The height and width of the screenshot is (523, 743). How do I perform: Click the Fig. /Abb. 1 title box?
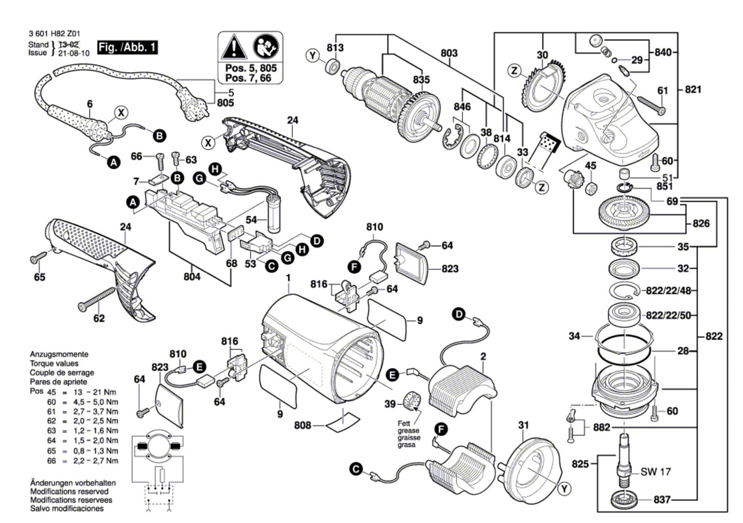coord(127,47)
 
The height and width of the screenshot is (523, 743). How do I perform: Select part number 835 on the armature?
coord(421,80)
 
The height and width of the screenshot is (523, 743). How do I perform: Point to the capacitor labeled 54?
coord(274,215)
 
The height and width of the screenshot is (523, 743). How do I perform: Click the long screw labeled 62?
coord(98,298)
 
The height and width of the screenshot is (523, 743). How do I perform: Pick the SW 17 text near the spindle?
coord(656,472)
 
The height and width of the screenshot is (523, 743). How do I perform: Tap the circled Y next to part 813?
coord(313,56)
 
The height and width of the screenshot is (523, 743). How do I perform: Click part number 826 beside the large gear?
coord(701,223)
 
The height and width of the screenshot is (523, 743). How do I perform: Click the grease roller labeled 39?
coord(411,400)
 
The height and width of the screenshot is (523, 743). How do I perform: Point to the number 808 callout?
coord(303,425)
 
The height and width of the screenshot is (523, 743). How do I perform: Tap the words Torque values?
coord(54,363)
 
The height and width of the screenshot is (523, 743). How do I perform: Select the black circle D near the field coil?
coord(459,314)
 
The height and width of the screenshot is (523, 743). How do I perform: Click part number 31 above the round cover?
coord(523,425)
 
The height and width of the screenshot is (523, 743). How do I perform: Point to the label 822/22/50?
coord(668,315)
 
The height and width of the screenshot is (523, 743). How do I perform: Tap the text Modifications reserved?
coord(69,491)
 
